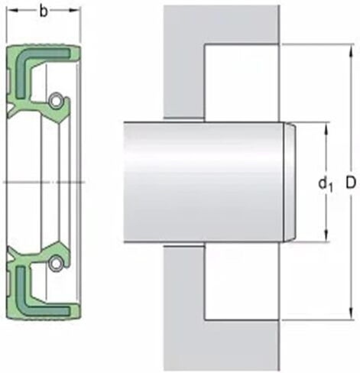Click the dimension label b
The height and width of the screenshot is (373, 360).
point(44,11)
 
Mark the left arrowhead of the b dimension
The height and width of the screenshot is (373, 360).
point(11,11)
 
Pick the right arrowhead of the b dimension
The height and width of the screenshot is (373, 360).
point(76,11)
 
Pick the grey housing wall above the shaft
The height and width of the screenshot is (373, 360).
point(183,61)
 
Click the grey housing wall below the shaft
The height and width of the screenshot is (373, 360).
point(183,306)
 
